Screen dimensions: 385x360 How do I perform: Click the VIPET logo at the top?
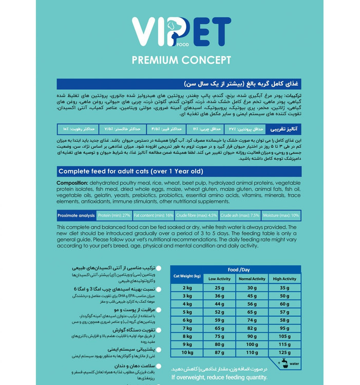(181, 35)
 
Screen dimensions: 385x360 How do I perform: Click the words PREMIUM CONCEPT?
(181, 60)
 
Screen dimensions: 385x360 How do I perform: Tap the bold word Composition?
(72, 183)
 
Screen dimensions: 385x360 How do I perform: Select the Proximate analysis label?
(76, 216)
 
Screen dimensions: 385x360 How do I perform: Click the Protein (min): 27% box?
(114, 216)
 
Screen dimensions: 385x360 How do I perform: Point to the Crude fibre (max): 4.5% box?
(197, 216)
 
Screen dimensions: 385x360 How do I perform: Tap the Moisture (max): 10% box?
(280, 216)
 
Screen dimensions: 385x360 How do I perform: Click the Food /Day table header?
(238, 269)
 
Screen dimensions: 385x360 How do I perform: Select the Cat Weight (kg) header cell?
(187, 276)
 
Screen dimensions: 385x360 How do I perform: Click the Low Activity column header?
(219, 279)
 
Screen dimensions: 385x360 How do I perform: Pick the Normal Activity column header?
(252, 279)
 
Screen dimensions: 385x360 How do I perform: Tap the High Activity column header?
(285, 279)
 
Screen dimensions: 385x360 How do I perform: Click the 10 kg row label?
(187, 353)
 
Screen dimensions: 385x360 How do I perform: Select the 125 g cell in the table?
(285, 353)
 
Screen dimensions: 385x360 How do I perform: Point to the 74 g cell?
(252, 320)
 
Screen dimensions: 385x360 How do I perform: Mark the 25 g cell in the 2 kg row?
(219, 287)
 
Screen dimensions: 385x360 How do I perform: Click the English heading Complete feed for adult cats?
(130, 171)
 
